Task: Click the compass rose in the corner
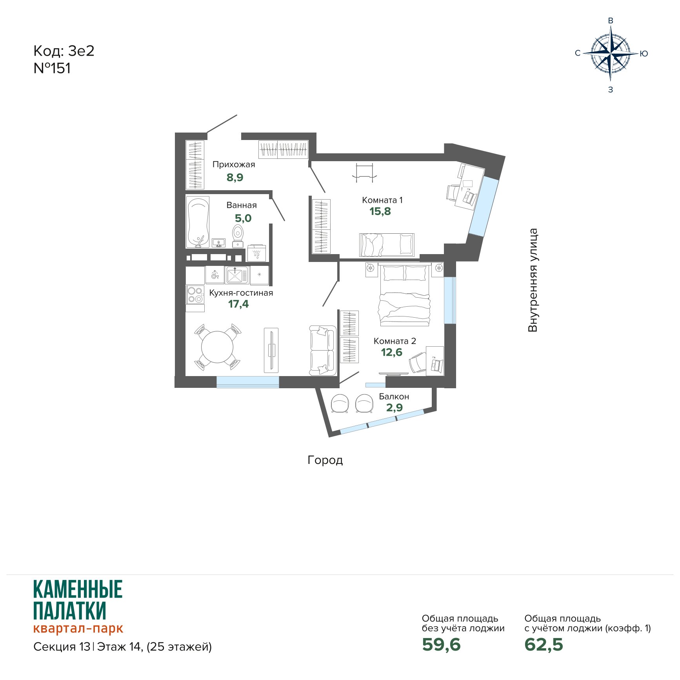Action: coord(611,53)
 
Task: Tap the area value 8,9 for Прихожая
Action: coord(235,178)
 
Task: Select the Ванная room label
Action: coord(242,205)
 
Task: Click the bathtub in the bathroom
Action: coord(198,222)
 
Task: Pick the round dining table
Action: coord(217,347)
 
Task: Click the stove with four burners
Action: coord(195,295)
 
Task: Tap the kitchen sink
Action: coord(236,275)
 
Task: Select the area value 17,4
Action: coord(238,304)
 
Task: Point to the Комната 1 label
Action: coord(382,200)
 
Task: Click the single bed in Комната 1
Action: coord(387,245)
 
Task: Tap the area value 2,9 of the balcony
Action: coord(395,408)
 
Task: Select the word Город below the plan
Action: coord(325,460)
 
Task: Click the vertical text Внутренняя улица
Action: coord(533,280)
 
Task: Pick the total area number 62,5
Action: coord(544,645)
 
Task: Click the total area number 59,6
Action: coord(441,645)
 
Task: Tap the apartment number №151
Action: coord(52,68)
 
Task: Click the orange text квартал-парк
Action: coord(78,628)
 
